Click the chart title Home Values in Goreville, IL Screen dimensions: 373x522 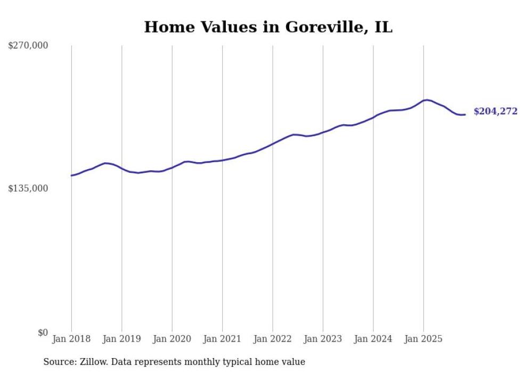pos(268,27)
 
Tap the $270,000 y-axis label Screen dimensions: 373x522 pos(28,46)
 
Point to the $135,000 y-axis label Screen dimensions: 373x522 pos(28,188)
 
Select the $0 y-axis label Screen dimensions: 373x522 pos(43,332)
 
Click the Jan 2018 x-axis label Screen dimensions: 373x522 pos(71,339)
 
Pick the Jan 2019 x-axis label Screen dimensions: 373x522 pos(121,339)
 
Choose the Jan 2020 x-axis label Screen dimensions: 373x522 pos(172,339)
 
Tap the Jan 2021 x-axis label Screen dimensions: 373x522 pos(222,339)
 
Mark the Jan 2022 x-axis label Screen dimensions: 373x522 pos(273,339)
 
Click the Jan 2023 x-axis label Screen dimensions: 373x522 pos(323,339)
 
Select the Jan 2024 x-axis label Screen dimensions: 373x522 pos(373,339)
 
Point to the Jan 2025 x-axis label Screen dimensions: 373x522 pos(423,339)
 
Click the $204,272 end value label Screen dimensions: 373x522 pos(495,112)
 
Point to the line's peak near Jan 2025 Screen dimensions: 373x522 pos(427,100)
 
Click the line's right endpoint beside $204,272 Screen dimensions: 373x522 pos(465,114)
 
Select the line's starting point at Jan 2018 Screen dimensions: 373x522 pos(71,176)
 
